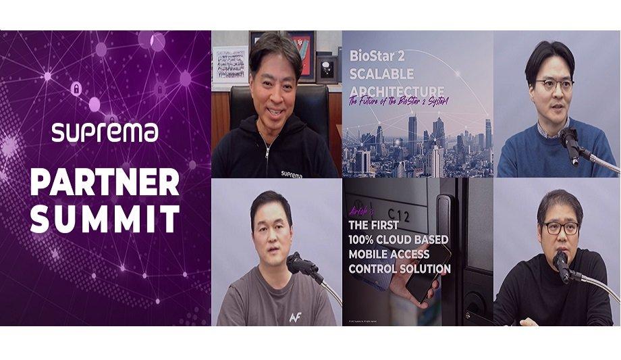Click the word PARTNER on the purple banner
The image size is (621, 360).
105,182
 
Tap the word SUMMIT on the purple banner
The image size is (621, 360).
105,219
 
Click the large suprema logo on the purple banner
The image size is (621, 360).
105,132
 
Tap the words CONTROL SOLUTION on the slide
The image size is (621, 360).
400,269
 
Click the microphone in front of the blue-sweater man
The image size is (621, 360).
569,142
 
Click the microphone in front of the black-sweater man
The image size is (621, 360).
561,265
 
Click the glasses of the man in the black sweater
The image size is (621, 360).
561,228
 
